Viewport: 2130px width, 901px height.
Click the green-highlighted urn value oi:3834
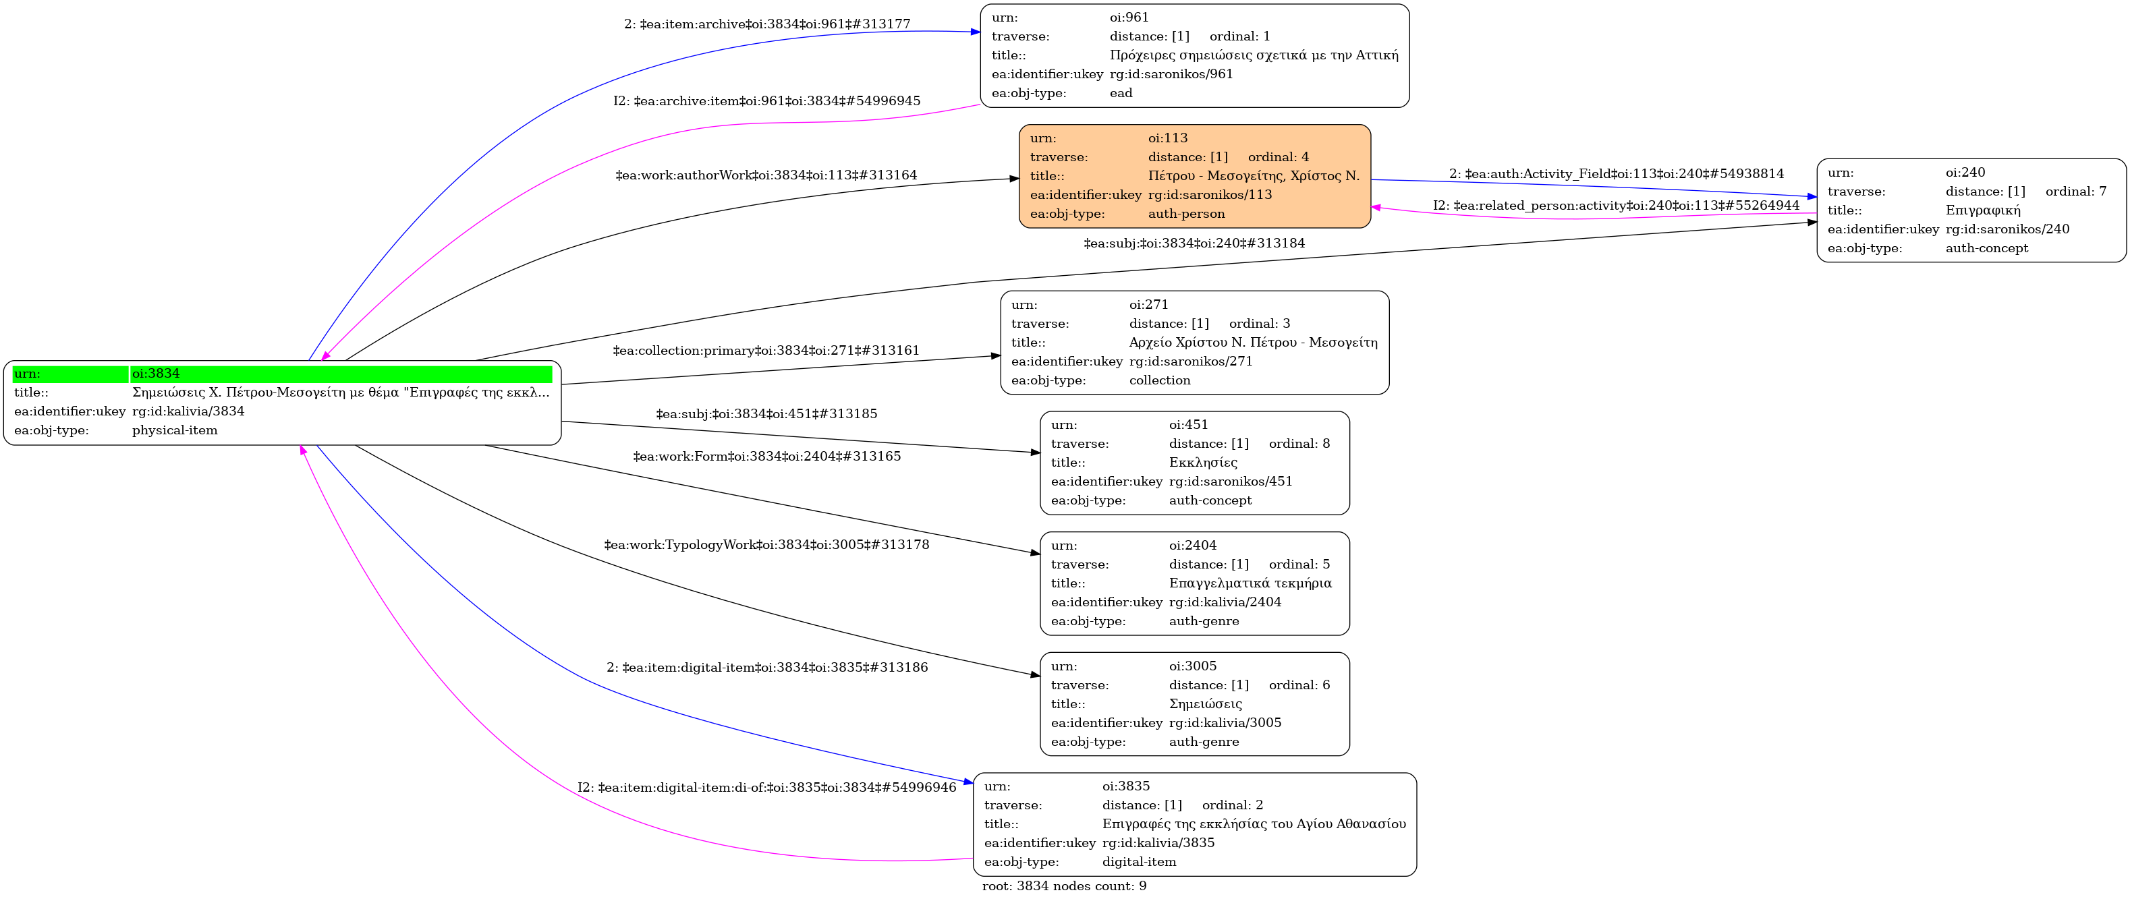pyautogui.click(x=155, y=374)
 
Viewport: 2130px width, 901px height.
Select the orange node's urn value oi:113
pyautogui.click(x=1167, y=138)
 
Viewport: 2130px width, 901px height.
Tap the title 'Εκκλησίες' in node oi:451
pyautogui.click(x=1203, y=463)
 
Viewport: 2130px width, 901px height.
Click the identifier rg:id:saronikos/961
pyautogui.click(x=1171, y=74)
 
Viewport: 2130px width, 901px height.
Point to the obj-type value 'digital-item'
pyautogui.click(x=1139, y=862)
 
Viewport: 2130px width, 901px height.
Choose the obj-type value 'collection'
pyautogui.click(x=1159, y=380)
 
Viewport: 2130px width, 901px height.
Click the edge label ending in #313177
pyautogui.click(x=766, y=25)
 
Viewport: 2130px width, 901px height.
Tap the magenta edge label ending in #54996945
pyautogui.click(x=766, y=101)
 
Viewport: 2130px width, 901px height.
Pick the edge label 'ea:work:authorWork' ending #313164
pyautogui.click(x=766, y=175)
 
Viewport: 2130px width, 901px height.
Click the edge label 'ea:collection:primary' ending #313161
pyautogui.click(x=766, y=351)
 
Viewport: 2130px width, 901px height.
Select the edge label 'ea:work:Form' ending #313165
pyautogui.click(x=766, y=457)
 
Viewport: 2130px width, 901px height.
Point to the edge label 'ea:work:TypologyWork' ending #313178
pyautogui.click(x=766, y=545)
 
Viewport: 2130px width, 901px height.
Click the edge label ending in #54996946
pyautogui.click(x=766, y=788)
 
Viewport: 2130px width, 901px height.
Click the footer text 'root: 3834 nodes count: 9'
pyautogui.click(x=1064, y=886)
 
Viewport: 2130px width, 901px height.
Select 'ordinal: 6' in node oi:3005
pyautogui.click(x=1299, y=685)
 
